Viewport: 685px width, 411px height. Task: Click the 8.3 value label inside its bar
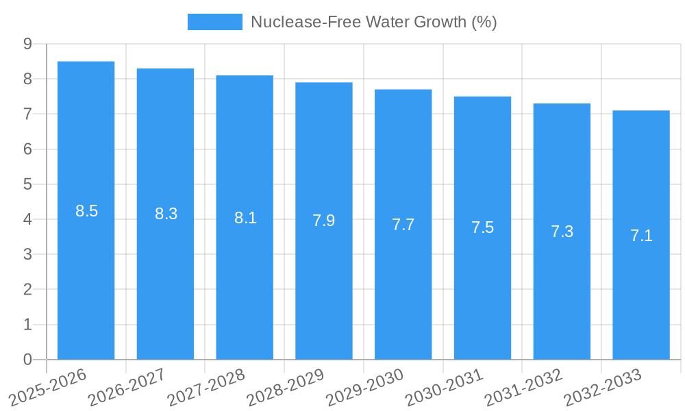(x=166, y=214)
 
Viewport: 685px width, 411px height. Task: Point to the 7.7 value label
(x=403, y=225)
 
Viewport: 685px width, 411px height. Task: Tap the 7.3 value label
(x=562, y=232)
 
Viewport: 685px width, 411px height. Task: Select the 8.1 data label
(x=245, y=218)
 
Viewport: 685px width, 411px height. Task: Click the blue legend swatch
(x=214, y=22)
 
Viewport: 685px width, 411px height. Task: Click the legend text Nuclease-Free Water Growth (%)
(x=373, y=22)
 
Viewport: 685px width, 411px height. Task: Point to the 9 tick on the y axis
(x=27, y=44)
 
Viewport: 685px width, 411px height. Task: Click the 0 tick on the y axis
(x=27, y=360)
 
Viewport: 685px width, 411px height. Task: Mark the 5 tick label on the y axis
(x=27, y=184)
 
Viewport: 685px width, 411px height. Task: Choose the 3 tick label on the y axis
(x=27, y=254)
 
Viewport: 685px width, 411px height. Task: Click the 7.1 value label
(x=641, y=236)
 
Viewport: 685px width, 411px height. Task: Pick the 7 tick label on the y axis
(x=27, y=114)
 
